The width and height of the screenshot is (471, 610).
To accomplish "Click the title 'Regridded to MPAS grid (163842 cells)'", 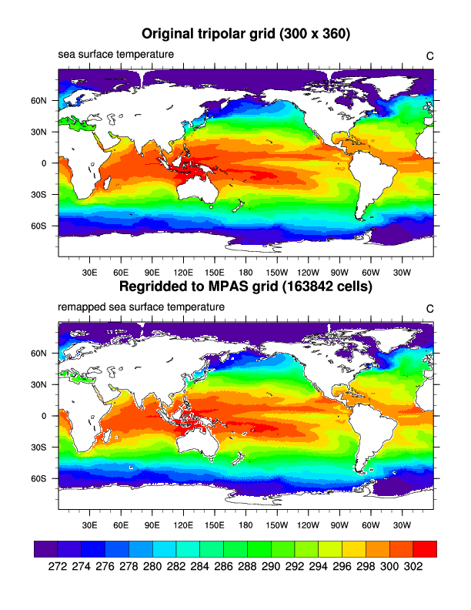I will tap(246, 287).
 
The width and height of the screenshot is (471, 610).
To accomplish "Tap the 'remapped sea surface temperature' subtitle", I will tap(142, 307).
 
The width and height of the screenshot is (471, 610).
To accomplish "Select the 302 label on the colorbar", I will tap(415, 565).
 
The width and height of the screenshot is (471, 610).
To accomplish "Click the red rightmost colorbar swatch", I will tap(425, 548).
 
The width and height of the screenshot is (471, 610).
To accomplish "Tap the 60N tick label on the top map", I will tap(39, 100).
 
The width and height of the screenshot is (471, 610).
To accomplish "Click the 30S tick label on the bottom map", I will tap(39, 447).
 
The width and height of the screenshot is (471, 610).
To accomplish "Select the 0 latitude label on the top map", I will tap(45, 163).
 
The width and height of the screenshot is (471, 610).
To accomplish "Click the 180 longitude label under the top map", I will tap(246, 273).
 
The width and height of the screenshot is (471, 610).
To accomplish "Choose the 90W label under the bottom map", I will tap(340, 526).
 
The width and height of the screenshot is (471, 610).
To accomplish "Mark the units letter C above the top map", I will tap(430, 55).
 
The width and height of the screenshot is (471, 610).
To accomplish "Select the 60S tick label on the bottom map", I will tap(39, 478).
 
